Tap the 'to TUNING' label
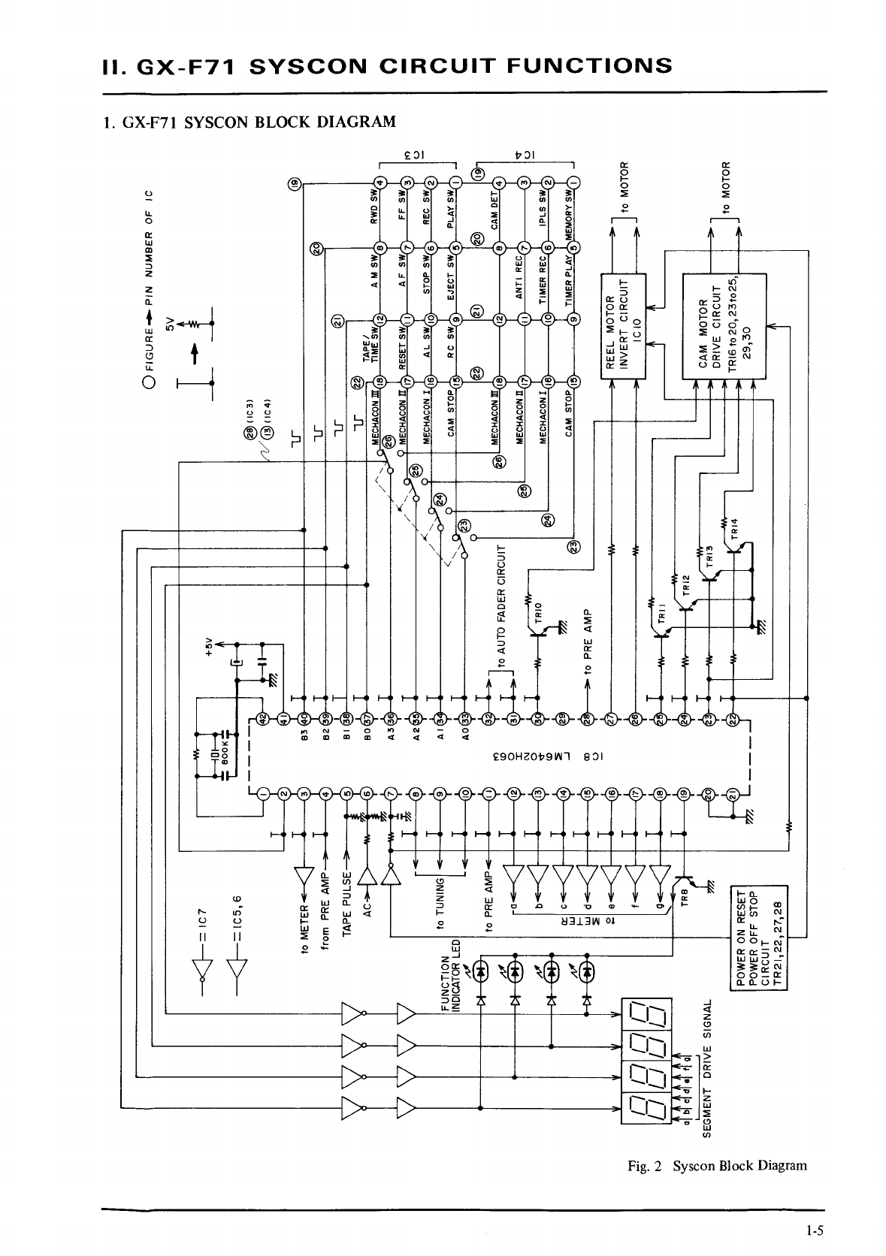pyautogui.click(x=441, y=901)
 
